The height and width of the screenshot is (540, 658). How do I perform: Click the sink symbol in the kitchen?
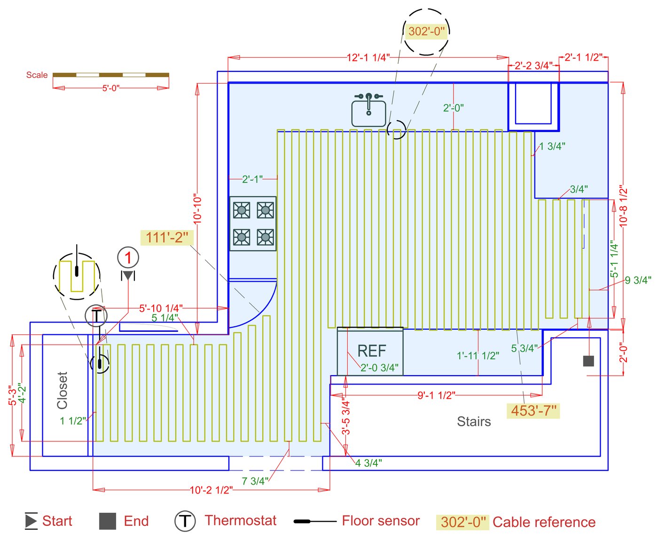[368, 109]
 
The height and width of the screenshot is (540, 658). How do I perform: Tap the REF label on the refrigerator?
[372, 351]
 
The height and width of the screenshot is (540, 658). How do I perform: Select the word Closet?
[62, 390]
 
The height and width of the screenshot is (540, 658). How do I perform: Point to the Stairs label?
[474, 421]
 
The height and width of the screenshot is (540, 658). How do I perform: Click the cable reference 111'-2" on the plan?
[167, 238]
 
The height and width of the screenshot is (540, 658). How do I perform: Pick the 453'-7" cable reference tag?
[533, 410]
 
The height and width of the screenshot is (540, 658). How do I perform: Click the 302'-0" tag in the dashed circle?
[426, 31]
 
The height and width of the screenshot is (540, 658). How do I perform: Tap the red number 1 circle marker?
[128, 258]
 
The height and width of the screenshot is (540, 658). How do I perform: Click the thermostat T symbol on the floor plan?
[96, 316]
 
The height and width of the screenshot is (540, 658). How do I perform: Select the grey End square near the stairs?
[588, 361]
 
